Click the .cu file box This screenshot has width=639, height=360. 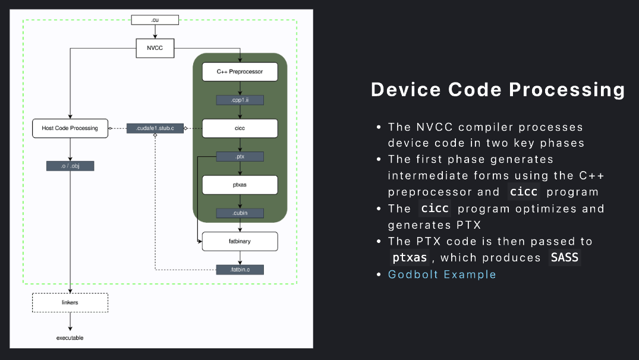pos(155,20)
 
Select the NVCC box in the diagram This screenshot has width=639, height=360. pos(155,48)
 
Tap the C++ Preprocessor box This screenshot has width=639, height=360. pos(240,72)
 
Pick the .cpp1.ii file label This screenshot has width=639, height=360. pos(240,100)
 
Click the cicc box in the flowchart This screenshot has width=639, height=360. pos(240,128)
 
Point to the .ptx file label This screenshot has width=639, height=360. pos(240,156)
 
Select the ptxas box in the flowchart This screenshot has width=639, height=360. pos(240,185)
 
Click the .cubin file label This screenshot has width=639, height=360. pos(240,213)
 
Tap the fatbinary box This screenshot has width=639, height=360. pos(240,242)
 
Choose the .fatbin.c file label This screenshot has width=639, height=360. pos(240,270)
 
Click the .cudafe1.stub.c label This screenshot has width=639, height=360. pos(155,128)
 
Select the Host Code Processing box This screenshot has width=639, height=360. pos(70,128)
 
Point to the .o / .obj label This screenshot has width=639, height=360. pos(70,166)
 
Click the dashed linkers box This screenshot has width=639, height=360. pos(70,302)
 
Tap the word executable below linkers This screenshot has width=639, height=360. pos(70,338)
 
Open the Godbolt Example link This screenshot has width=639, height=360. pos(442,274)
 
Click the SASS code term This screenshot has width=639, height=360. pos(565,257)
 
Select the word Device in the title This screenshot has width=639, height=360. pos(406,90)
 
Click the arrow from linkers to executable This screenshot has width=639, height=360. pos(70,322)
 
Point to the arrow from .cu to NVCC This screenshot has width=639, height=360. pos(155,31)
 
